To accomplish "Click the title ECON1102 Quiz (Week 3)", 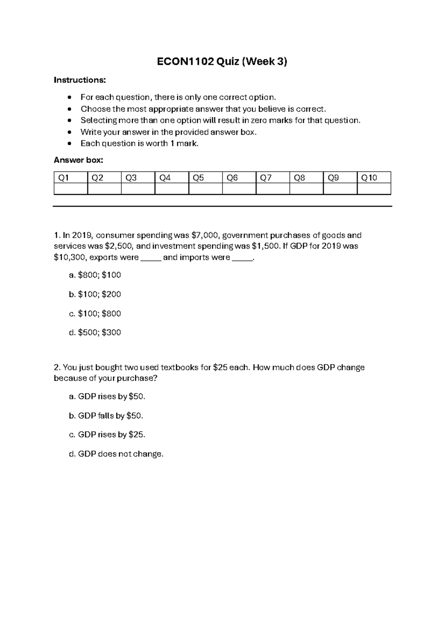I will (x=222, y=62).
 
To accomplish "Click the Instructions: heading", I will (x=80, y=80).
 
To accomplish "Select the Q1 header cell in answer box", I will (x=70, y=178).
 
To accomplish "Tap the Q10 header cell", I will (x=374, y=178).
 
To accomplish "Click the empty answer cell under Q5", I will (x=205, y=189).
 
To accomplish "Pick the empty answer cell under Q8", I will (x=306, y=189).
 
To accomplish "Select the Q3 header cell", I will (x=138, y=178).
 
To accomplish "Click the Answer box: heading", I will (x=78, y=160).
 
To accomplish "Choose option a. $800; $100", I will (x=95, y=275).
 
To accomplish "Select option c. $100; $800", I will (x=95, y=314).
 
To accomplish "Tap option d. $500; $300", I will (x=95, y=333).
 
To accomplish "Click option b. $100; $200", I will (x=95, y=294).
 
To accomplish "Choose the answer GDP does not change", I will (x=116, y=454).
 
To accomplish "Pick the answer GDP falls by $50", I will (x=106, y=416).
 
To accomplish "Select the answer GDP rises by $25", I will (x=107, y=435).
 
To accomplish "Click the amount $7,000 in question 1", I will (x=206, y=235).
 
